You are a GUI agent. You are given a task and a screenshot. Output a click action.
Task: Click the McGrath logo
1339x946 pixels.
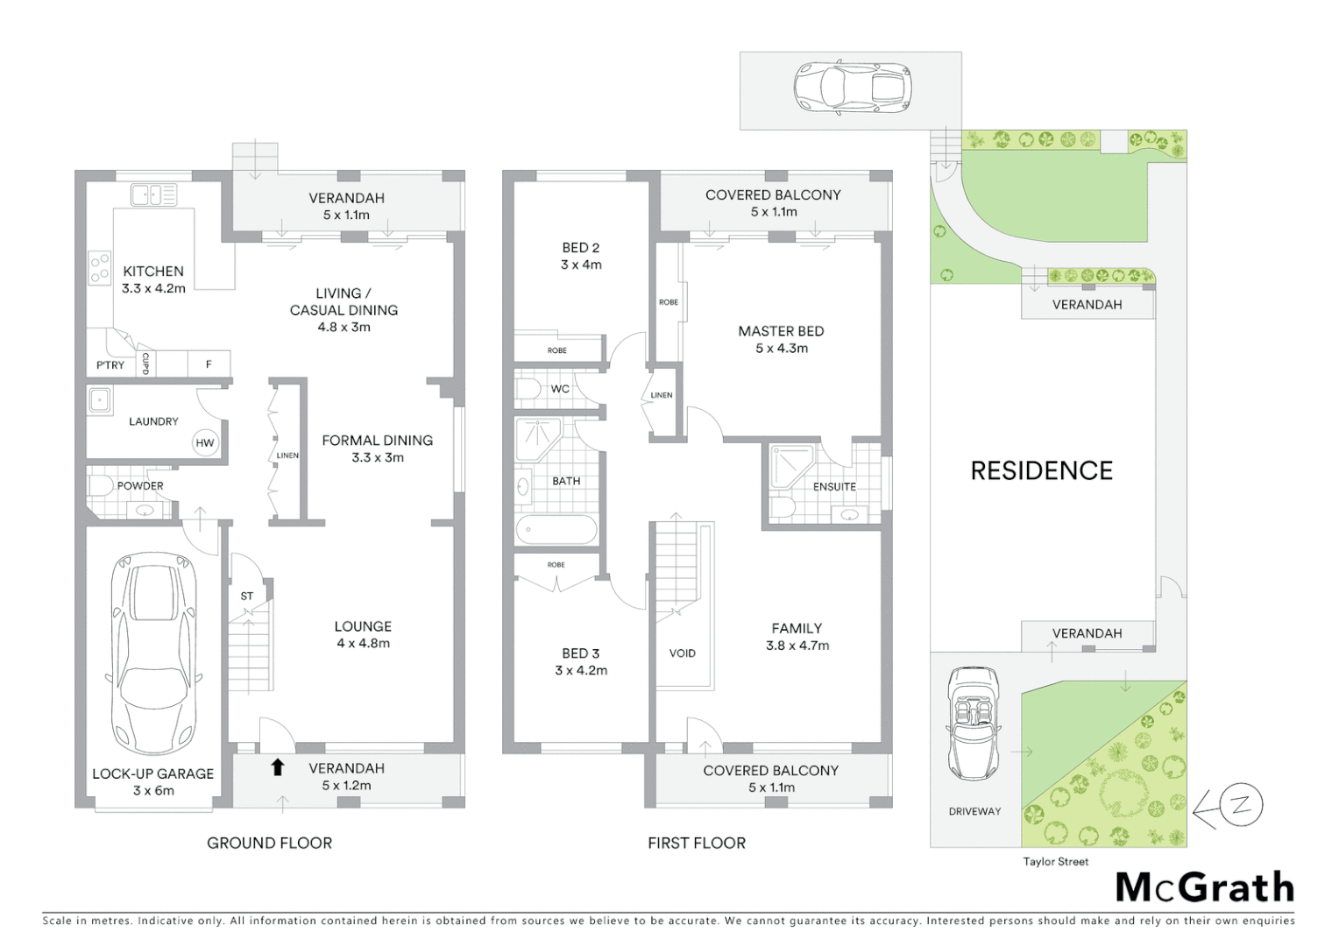click(x=1204, y=887)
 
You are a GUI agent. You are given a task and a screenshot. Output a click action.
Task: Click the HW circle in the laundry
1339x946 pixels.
click(x=204, y=442)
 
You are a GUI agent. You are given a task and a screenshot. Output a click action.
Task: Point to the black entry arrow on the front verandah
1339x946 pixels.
click(x=278, y=767)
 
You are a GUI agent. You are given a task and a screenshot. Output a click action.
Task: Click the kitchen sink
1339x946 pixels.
click(x=153, y=194)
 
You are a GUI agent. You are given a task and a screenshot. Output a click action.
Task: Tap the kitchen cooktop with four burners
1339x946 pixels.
click(x=99, y=268)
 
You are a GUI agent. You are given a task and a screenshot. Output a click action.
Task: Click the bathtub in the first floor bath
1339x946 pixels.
click(x=556, y=530)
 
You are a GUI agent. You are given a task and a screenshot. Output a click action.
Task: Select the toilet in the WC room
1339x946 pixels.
click(x=528, y=389)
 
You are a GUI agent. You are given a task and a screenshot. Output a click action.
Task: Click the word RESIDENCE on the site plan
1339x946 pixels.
click(x=1041, y=471)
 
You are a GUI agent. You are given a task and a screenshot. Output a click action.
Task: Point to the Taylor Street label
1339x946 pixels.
click(x=1055, y=862)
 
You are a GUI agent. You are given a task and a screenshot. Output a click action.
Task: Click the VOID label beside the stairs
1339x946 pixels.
click(x=682, y=653)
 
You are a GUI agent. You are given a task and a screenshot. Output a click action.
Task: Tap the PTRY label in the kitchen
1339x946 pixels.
click(x=110, y=365)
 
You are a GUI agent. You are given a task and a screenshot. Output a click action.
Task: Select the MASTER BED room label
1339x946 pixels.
click(x=781, y=331)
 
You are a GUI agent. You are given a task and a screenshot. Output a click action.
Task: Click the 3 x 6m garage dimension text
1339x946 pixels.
click(x=153, y=791)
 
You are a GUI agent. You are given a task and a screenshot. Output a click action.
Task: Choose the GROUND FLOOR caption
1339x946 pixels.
click(x=269, y=844)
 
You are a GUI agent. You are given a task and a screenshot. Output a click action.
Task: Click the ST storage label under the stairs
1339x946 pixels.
click(x=247, y=597)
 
